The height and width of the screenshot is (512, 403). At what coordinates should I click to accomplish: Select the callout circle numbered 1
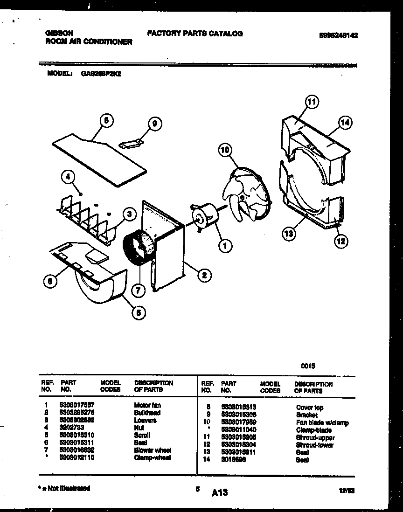[225, 244]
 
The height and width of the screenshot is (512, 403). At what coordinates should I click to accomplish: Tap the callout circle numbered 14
[345, 123]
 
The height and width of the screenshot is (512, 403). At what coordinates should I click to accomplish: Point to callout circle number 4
[68, 177]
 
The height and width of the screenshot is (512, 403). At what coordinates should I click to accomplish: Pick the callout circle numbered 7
[138, 290]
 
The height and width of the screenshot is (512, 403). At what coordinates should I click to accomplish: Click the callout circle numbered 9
[154, 124]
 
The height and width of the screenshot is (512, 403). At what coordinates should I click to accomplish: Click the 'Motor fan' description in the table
[147, 405]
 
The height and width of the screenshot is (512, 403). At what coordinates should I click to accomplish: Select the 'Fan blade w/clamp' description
[322, 423]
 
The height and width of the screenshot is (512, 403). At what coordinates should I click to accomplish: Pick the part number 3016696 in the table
[232, 460]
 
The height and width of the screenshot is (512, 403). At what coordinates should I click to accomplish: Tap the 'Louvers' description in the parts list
[145, 420]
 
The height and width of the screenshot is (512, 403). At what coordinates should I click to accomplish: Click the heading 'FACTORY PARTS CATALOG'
[195, 34]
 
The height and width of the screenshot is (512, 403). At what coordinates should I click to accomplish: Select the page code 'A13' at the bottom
[219, 492]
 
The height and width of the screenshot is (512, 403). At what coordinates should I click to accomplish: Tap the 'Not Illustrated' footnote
[63, 488]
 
